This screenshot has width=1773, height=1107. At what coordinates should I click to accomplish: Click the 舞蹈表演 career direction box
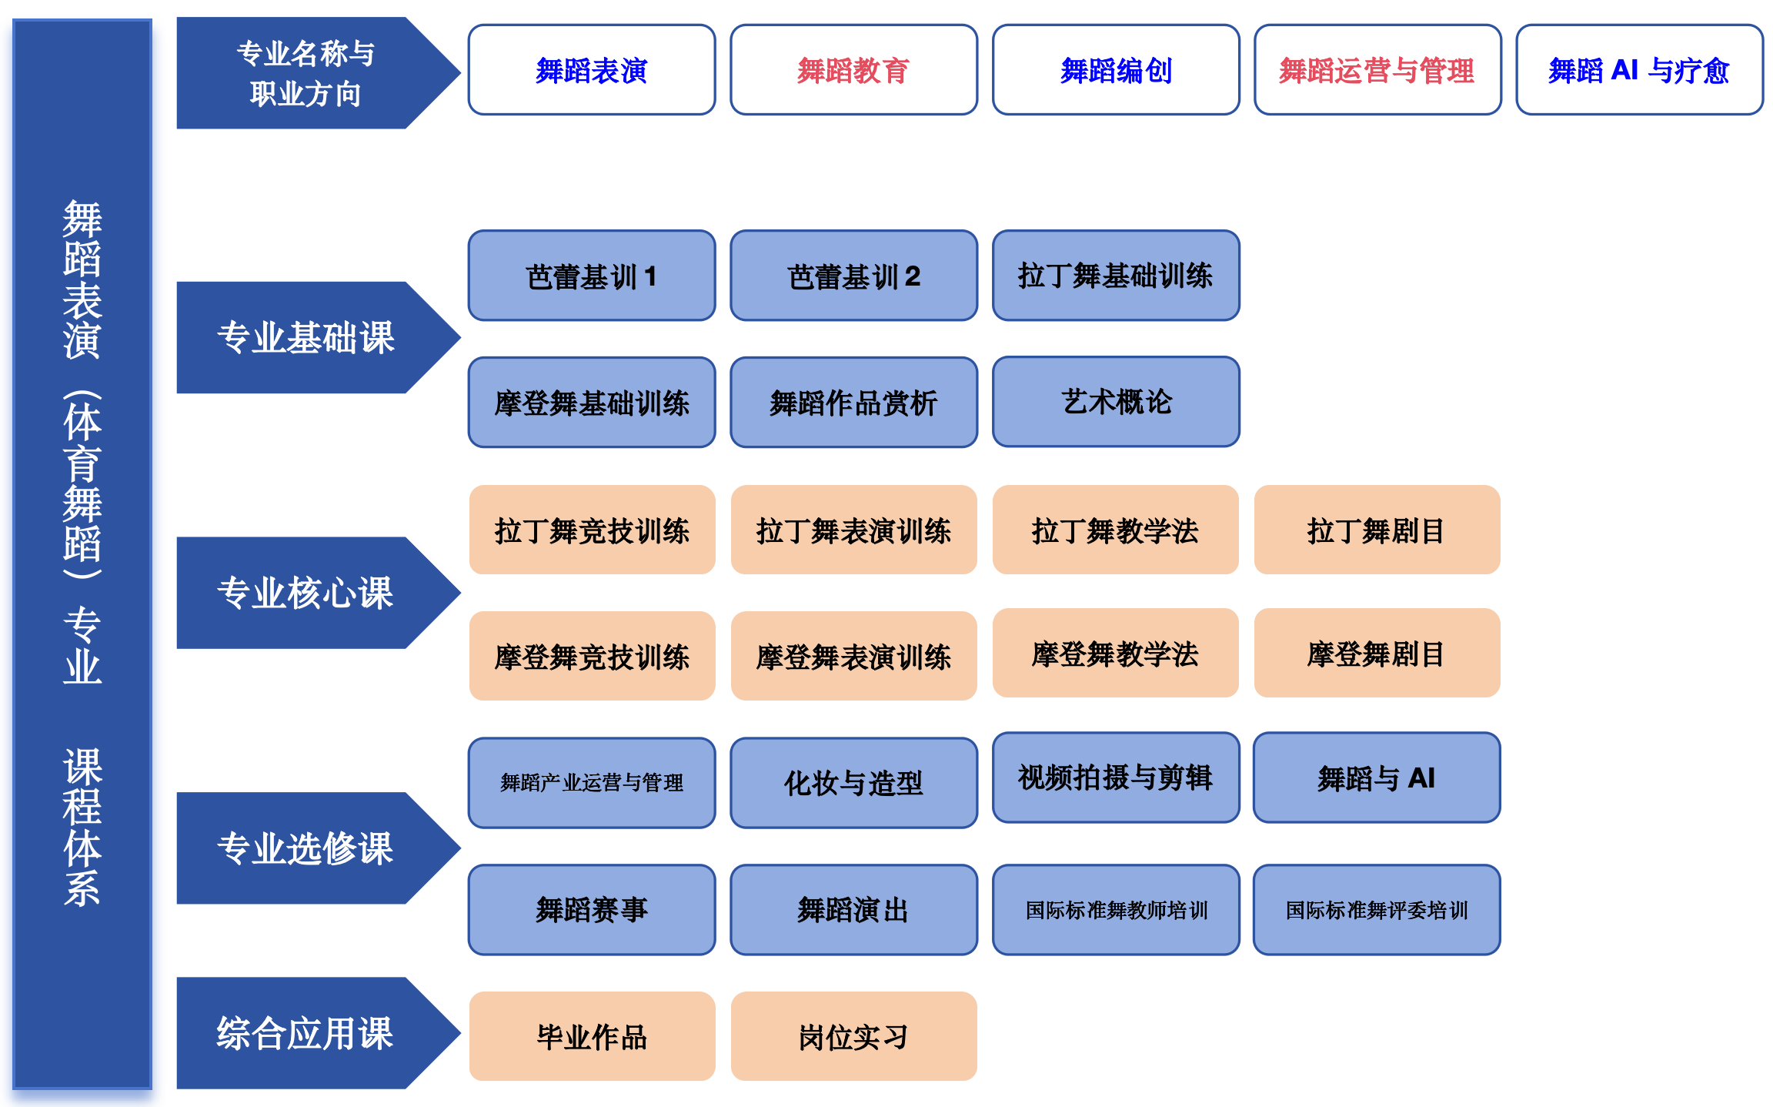591,70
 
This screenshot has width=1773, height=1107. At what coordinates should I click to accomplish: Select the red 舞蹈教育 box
853,70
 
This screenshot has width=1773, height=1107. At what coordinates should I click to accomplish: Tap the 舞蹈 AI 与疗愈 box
1639,70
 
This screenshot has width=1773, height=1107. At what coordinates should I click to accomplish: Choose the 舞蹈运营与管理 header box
1377,70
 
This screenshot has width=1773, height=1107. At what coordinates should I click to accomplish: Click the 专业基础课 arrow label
306,338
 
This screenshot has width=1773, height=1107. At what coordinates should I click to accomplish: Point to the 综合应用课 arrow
306,1033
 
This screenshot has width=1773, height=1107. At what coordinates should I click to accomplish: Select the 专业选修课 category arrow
306,848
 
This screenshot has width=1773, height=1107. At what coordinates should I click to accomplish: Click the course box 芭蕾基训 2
853,276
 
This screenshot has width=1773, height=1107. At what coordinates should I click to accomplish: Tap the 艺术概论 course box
1116,402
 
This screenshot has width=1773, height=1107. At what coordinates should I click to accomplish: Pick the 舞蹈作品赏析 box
853,403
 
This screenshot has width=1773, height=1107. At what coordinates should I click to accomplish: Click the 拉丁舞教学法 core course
1115,530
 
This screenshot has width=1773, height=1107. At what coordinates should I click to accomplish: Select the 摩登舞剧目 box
1377,654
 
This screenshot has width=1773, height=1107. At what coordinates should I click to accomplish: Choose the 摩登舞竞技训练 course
592,657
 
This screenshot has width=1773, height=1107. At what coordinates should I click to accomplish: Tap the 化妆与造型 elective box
853,783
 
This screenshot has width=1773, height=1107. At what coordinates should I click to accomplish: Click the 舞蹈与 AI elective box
1377,778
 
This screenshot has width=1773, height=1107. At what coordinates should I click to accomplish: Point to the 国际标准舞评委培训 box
1377,910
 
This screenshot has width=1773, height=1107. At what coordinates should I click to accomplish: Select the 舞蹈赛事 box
592,910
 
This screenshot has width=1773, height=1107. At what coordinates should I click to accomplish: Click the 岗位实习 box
853,1037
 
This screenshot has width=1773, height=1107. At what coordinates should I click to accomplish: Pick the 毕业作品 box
592,1037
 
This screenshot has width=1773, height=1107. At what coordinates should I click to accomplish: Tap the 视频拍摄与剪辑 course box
1116,778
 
